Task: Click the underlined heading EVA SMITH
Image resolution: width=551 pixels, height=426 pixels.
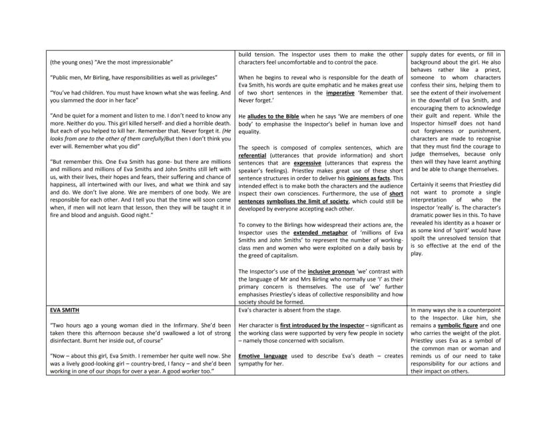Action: click(x=64, y=310)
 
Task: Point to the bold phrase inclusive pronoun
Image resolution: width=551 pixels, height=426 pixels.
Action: click(x=329, y=272)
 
